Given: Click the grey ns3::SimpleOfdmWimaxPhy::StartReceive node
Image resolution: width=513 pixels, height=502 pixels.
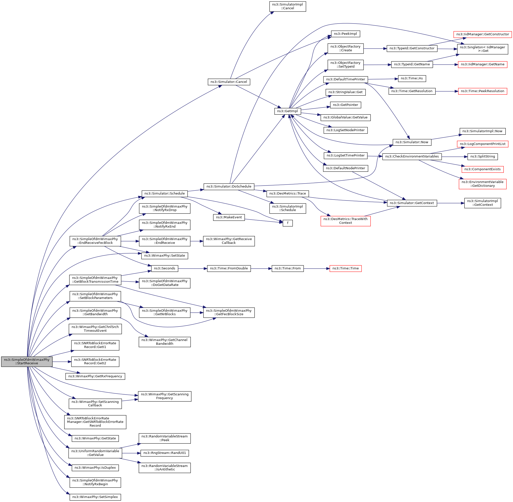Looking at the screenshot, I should (27, 362).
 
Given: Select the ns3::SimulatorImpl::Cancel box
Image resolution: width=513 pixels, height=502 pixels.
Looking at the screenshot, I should (287, 6).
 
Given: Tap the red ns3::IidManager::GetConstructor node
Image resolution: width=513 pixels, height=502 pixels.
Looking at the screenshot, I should (482, 34).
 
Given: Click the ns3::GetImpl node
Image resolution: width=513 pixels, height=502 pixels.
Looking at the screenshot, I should (287, 111).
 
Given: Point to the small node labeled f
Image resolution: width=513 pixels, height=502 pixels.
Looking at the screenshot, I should (288, 223).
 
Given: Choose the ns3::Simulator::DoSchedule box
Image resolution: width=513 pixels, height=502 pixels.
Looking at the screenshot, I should (229, 187).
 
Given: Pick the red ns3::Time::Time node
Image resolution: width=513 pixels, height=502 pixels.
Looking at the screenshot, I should (345, 268).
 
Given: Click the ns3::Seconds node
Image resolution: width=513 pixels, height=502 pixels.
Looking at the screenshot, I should (164, 268).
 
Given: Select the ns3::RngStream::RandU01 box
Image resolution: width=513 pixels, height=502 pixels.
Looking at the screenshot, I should (164, 453).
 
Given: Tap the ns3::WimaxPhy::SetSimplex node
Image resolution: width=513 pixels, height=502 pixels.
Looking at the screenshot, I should (95, 497).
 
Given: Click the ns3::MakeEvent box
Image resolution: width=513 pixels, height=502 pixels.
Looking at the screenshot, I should (229, 217).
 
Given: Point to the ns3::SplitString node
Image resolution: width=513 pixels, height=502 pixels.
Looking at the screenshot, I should (482, 157).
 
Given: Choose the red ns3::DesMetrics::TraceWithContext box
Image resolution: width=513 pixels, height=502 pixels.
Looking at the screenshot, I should (345, 221).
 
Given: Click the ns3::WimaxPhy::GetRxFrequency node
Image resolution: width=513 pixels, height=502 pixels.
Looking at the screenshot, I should (95, 376).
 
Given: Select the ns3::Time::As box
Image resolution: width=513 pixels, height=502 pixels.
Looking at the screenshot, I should (412, 78).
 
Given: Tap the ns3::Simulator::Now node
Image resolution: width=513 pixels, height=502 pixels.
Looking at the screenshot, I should (412, 142).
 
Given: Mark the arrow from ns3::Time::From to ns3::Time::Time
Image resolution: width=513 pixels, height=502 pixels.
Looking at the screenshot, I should (316, 268).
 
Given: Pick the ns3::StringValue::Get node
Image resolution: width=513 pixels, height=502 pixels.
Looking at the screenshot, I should (345, 92).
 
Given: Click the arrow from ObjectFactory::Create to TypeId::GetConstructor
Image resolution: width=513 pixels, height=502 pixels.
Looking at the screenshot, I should (375, 49).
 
